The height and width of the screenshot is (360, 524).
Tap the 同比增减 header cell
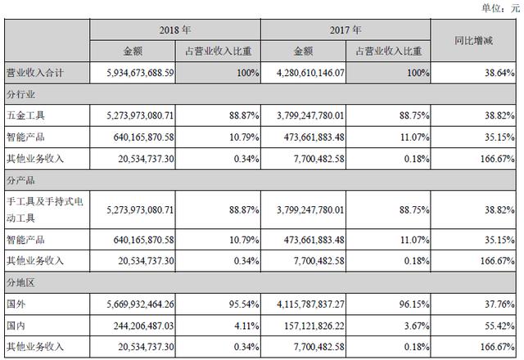[x=477, y=38]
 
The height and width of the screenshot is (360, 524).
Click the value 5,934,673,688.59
[x=133, y=73]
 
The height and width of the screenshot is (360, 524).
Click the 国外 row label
[x=14, y=304]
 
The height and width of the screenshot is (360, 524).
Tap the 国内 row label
[x=14, y=326]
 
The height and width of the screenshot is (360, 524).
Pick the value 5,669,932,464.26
[x=133, y=304]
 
